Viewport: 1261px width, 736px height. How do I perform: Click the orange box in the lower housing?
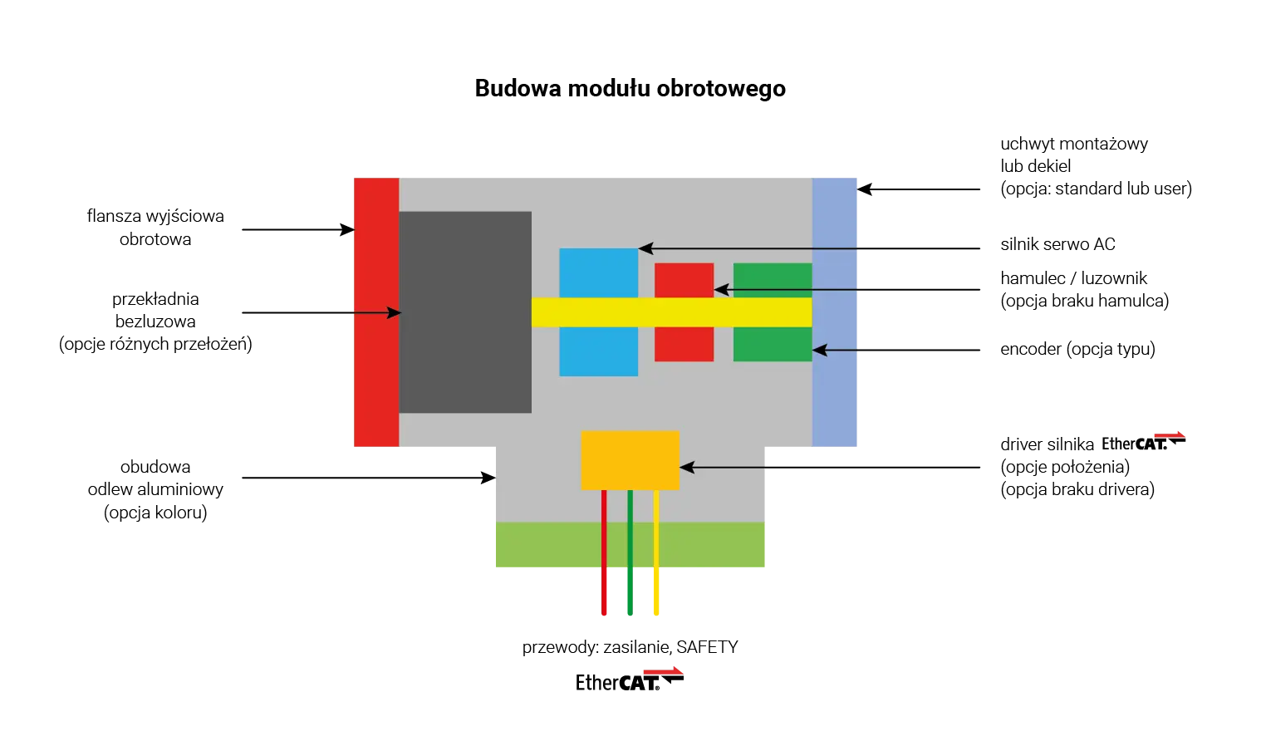coord(630,459)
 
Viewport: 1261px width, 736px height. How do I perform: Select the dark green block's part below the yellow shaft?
coord(773,344)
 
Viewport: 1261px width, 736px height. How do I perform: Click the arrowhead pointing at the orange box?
coord(686,468)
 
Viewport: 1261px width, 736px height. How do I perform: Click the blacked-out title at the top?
coord(630,87)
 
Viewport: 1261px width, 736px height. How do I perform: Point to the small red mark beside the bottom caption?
coord(662,670)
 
